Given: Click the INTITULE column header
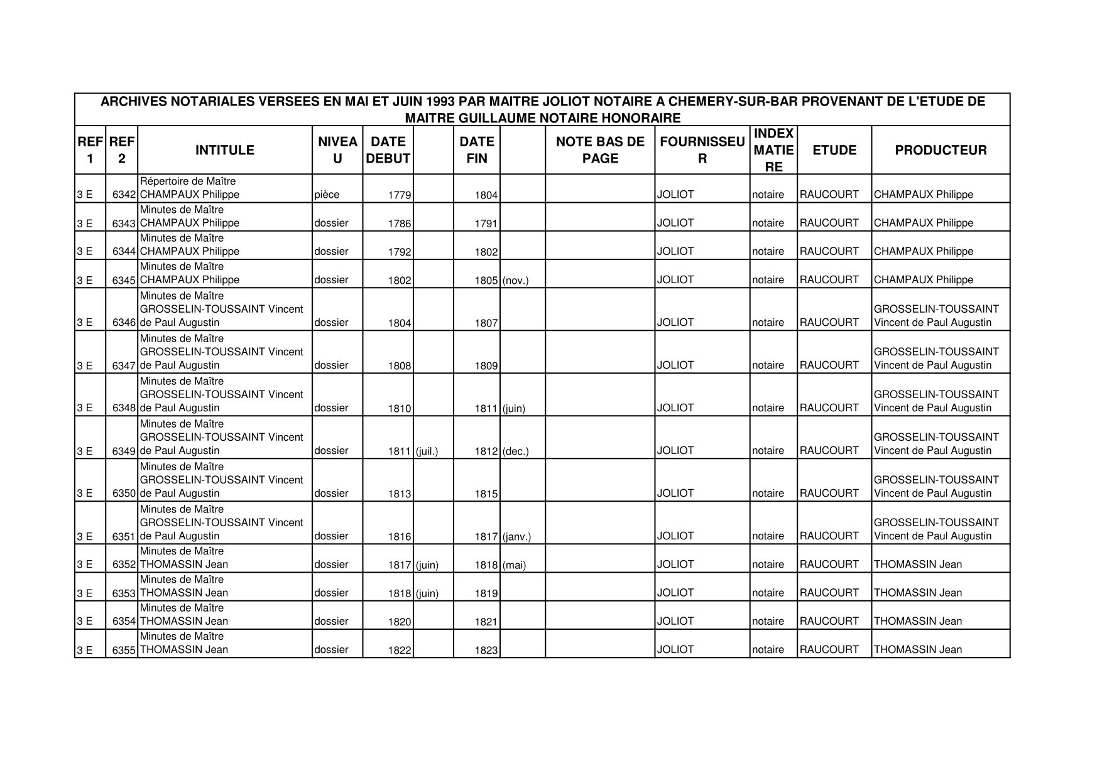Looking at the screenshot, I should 224,150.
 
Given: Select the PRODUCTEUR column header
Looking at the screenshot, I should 941,150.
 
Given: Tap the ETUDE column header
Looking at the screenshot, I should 834,150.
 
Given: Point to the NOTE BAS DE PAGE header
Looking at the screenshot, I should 600,150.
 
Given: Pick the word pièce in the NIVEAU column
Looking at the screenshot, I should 327,195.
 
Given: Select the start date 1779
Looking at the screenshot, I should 400,195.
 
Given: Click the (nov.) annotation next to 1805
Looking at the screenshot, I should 515,281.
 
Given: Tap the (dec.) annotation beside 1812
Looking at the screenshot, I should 515,451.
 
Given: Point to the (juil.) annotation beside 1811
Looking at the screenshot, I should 427,451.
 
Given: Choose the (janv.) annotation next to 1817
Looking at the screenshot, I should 516,537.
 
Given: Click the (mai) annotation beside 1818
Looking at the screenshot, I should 514,565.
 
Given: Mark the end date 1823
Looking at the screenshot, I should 486,651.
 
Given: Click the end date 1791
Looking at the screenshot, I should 486,224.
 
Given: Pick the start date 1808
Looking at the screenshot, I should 400,366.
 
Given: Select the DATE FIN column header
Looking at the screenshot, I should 477,150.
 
